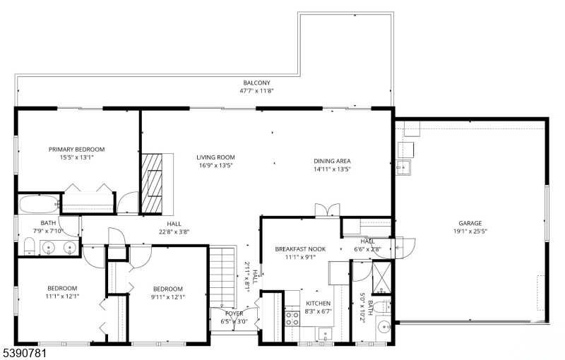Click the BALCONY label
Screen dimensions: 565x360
[256, 83]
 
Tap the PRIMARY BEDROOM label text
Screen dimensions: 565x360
[77, 150]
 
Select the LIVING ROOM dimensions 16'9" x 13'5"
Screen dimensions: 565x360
[216, 166]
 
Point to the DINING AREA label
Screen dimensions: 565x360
[332, 161]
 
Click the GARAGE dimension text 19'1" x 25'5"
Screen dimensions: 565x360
[470, 232]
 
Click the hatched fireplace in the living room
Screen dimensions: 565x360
[152, 184]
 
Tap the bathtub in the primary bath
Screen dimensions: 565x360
[39, 205]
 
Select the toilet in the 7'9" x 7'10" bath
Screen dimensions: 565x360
[29, 246]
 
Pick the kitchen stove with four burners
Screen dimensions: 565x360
[292, 318]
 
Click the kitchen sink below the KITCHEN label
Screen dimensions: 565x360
[325, 334]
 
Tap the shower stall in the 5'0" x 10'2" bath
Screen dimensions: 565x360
[381, 277]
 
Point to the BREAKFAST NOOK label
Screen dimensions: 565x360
[301, 249]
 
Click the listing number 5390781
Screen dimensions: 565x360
[23, 353]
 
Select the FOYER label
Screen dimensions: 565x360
[234, 314]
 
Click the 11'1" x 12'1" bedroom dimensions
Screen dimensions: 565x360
[62, 296]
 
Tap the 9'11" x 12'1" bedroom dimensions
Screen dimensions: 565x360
[168, 297]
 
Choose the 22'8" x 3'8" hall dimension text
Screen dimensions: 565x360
[174, 232]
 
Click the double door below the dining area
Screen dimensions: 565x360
[327, 210]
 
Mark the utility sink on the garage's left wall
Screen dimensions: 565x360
[403, 168]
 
